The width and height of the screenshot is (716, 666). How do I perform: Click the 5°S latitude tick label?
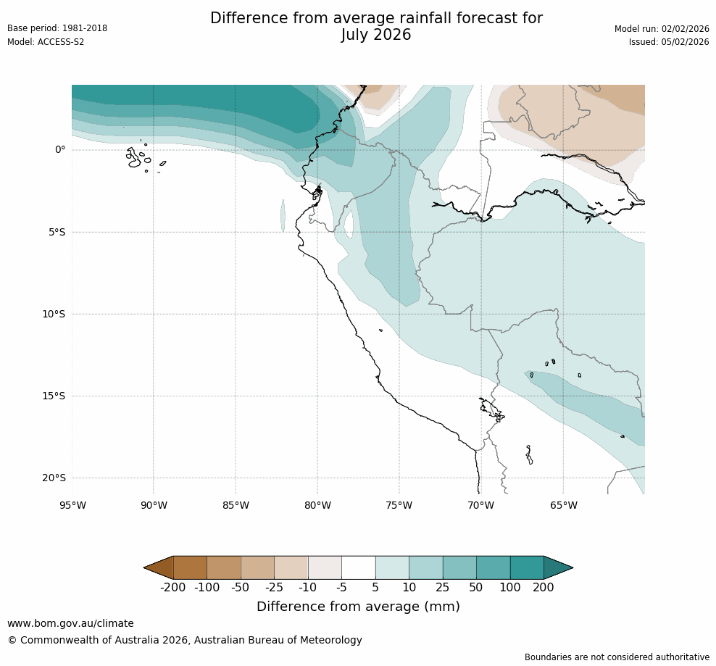[57, 233]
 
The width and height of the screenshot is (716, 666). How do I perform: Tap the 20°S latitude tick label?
[54, 478]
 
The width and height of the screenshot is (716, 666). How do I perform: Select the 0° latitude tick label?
[60, 150]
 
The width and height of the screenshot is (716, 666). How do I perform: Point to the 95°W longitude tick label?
[72, 506]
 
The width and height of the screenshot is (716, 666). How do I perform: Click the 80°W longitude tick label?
[317, 506]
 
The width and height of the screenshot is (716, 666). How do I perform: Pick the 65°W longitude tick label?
[563, 506]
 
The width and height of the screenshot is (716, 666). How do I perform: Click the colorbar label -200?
[173, 588]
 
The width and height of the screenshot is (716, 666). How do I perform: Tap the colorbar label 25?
[443, 588]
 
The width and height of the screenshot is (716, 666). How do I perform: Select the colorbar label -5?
[341, 588]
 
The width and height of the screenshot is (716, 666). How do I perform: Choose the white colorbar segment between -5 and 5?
[359, 567]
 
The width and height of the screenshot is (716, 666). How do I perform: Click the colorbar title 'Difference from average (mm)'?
[358, 607]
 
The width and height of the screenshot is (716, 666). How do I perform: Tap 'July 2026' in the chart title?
[376, 35]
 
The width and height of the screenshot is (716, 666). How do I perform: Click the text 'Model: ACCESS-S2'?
[46, 42]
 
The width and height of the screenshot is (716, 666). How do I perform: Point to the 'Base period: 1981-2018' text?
[57, 28]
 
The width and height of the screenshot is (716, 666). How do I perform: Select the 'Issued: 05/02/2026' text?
[669, 42]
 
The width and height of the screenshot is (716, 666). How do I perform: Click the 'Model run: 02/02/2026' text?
[662, 28]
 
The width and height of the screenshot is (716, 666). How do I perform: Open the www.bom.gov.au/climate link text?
[70, 623]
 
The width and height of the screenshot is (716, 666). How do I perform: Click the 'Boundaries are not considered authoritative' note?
[617, 657]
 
